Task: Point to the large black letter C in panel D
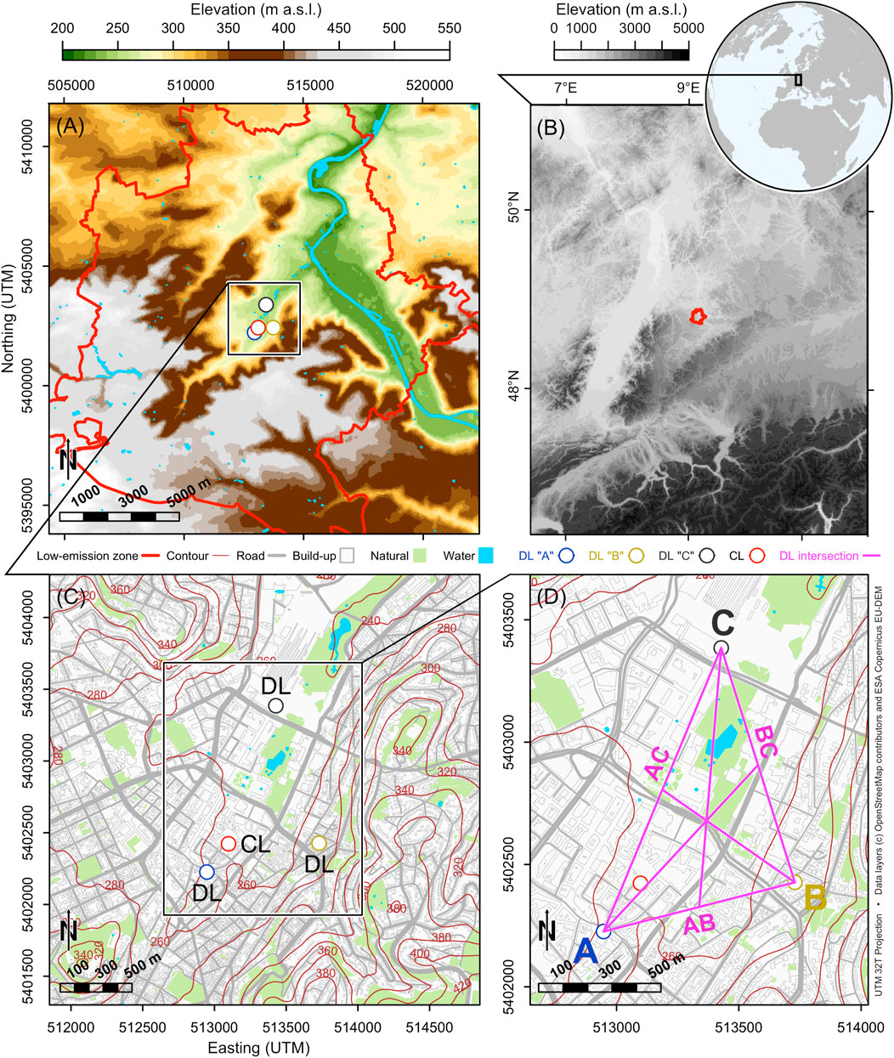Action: pyautogui.click(x=722, y=624)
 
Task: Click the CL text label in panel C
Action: pyautogui.click(x=256, y=845)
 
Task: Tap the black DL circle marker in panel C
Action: pyautogui.click(x=275, y=705)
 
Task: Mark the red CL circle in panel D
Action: pyautogui.click(x=641, y=883)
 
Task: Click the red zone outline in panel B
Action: pyautogui.click(x=697, y=316)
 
